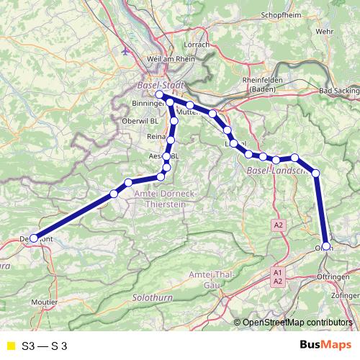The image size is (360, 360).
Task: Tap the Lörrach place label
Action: coord(197,44)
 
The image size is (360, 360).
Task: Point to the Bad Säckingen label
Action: coord(340,91)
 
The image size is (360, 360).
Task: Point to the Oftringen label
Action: coord(333,276)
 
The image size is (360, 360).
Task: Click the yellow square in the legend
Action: coord(9,346)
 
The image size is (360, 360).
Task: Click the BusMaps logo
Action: coord(322,346)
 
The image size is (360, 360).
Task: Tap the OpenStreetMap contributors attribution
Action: coord(298,323)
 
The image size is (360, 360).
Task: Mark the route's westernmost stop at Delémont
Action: coord(34,238)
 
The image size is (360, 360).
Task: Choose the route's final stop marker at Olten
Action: coord(327,246)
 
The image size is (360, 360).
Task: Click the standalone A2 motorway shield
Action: coord(279,225)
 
